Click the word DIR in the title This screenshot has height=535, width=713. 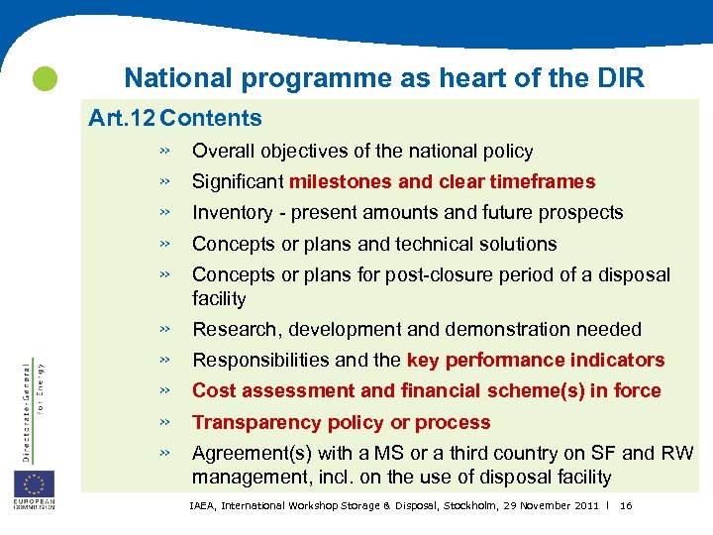pyautogui.click(x=622, y=78)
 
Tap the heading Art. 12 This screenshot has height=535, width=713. pyautogui.click(x=121, y=119)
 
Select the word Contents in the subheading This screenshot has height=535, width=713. pyautogui.click(x=211, y=119)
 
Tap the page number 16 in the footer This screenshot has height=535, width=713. pyautogui.click(x=625, y=506)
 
